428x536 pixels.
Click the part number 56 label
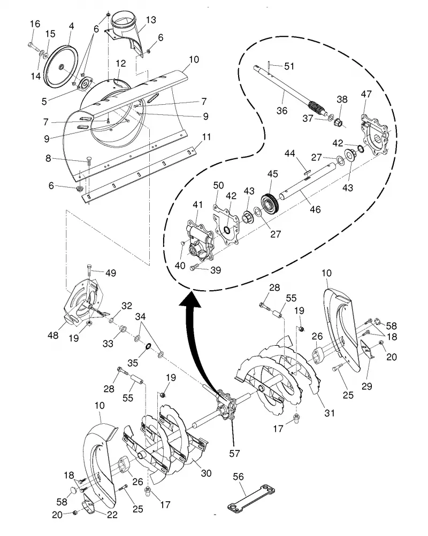coord(238,477)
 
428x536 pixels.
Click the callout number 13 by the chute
coord(150,20)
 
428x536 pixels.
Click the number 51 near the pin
coord(289,66)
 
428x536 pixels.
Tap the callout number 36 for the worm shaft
coord(282,111)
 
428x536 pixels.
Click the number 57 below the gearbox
coord(235,453)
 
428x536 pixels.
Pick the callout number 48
coord(53,336)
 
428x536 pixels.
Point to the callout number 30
coord(206,473)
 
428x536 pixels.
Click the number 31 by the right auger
coord(330,413)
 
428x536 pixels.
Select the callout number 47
coord(366,94)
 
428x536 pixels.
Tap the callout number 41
coord(198,205)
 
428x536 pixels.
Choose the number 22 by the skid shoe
coord(112,515)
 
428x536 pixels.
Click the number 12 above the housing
coord(121,63)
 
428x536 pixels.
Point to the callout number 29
coord(367,386)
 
